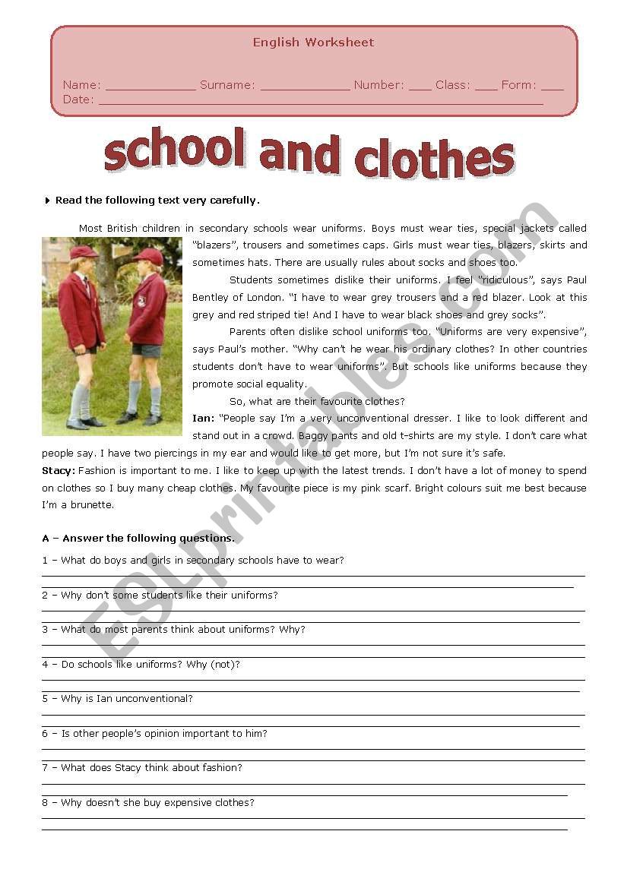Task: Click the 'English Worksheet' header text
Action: tap(313, 43)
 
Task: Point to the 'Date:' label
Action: tap(78, 100)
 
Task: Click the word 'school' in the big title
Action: tap(174, 150)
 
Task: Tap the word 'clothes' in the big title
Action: tap(434, 158)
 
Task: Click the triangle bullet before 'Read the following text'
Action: tap(48, 201)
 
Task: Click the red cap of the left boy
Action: tap(83, 251)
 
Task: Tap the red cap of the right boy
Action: tap(148, 254)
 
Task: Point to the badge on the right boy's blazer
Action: tap(141, 301)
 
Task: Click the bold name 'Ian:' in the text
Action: tap(203, 419)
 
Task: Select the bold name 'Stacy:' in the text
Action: tap(59, 471)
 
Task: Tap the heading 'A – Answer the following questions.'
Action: tap(138, 539)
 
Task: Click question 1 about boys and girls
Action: tap(193, 561)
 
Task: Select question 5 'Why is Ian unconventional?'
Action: tap(118, 699)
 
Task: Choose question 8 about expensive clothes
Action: tap(148, 803)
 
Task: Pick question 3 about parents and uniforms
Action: tap(173, 630)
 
